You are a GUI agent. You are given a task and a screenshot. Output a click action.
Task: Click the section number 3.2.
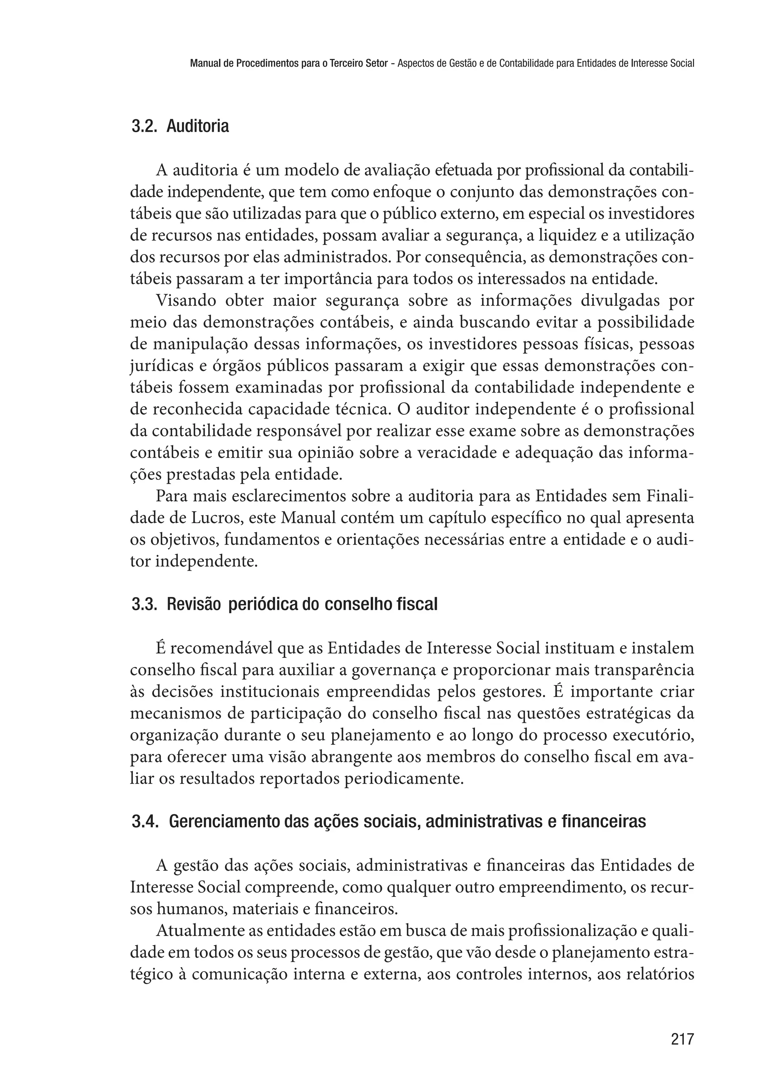144,126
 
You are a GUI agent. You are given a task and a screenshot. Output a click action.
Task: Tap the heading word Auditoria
197,126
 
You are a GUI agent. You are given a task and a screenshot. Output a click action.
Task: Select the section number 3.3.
144,605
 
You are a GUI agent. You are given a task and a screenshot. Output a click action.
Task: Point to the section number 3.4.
145,822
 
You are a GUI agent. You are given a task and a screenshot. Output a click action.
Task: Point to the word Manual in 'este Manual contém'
302,518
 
